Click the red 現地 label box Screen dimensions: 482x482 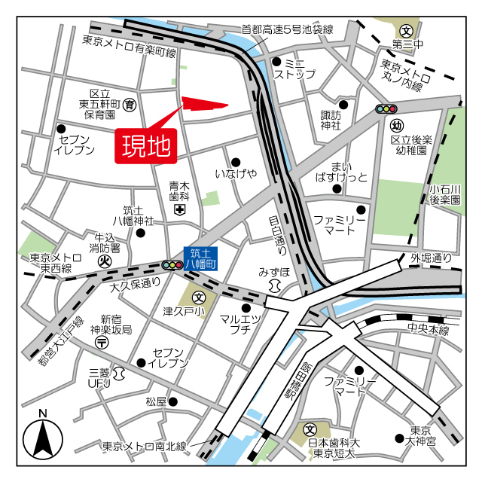click(x=145, y=145)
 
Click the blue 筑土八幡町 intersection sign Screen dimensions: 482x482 click(x=203, y=259)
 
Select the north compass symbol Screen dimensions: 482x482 click(x=43, y=438)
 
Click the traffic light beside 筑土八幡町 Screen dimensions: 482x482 click(x=172, y=265)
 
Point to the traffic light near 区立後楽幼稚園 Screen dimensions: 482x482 click(x=386, y=109)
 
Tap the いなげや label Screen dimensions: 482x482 click(x=236, y=174)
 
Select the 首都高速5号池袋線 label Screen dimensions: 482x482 click(x=286, y=30)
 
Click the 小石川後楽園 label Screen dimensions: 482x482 click(x=444, y=194)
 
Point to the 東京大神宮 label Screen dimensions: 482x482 click(x=420, y=435)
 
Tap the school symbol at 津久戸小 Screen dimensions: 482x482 click(x=197, y=297)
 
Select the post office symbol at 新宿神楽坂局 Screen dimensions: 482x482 click(x=102, y=343)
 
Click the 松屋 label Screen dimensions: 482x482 click(x=156, y=401)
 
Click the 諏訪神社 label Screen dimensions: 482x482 click(x=331, y=120)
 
